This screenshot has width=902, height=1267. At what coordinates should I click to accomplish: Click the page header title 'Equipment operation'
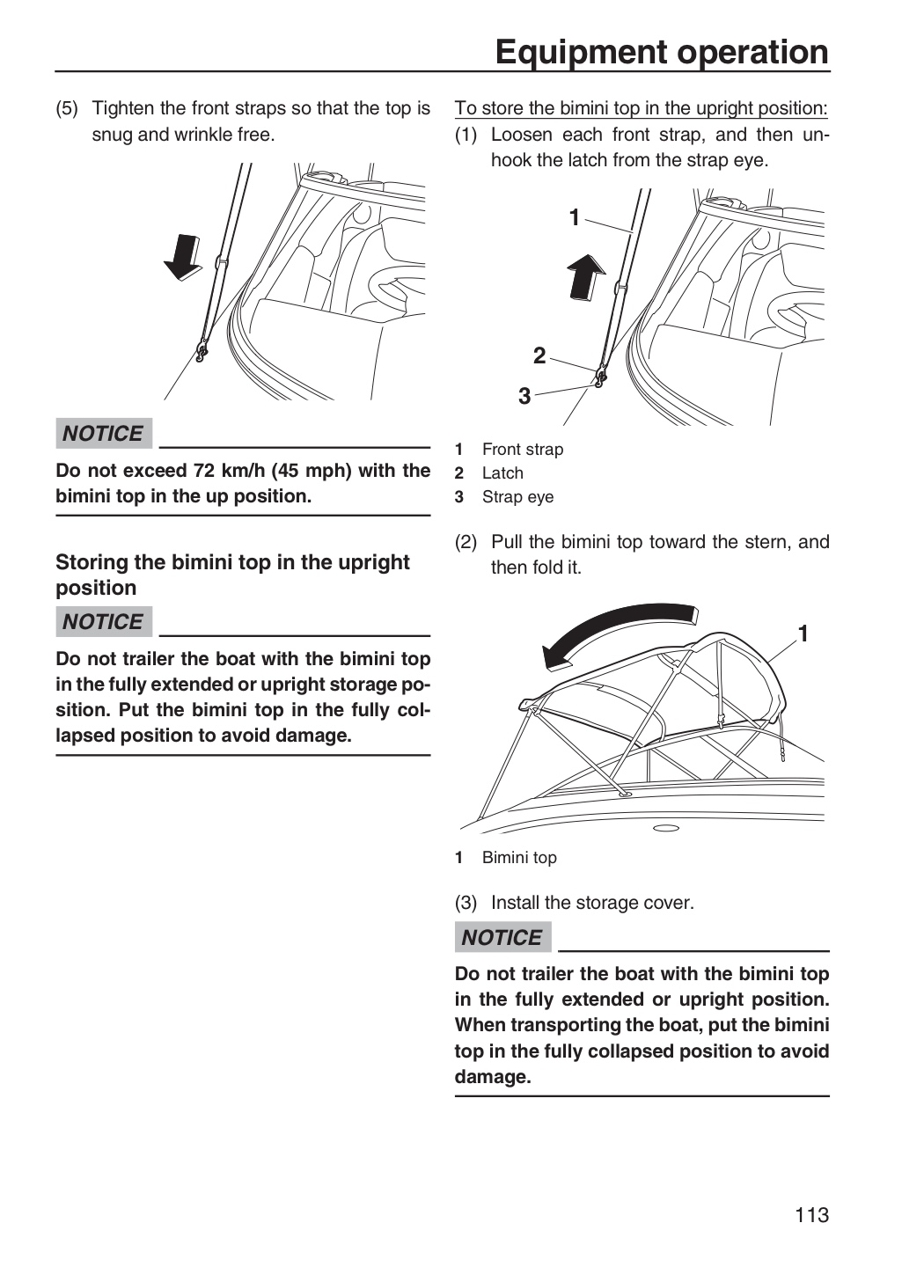pos(662,52)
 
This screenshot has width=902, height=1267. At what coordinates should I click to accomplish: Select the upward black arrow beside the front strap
pos(586,276)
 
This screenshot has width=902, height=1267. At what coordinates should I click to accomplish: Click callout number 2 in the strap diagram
pos(539,355)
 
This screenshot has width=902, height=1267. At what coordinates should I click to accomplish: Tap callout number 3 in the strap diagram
pos(524,396)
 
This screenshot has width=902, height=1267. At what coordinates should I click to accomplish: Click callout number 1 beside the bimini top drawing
pos(803,633)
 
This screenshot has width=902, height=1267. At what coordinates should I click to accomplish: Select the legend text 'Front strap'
pos(523,449)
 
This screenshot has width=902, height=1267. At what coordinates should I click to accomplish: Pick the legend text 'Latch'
pos(502,472)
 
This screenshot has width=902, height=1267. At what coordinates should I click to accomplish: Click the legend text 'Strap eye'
pos(517,497)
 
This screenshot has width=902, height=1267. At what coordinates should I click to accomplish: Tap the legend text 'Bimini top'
pos(519,858)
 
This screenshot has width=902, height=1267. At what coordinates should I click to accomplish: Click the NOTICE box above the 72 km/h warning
pos(104,433)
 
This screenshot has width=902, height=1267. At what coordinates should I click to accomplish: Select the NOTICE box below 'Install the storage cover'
pos(503,937)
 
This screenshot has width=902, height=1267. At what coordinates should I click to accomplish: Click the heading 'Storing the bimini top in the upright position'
pos(232,575)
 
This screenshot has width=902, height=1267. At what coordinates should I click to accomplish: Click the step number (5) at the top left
pos(67,108)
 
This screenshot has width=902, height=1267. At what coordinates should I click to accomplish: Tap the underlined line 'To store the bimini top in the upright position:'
pos(642,108)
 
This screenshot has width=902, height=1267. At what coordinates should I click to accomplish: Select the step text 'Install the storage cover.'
pos(592,902)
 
